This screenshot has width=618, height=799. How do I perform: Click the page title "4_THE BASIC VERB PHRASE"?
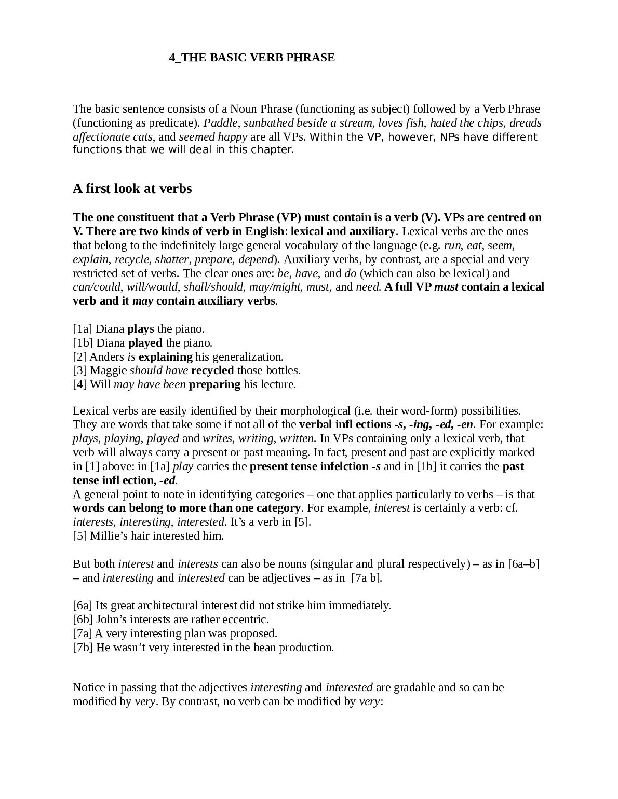pos(252,58)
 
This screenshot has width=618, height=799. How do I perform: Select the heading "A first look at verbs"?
pos(132,188)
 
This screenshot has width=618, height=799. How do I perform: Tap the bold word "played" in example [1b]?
pos(145,343)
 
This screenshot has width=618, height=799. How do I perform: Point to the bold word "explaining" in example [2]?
pos(166,357)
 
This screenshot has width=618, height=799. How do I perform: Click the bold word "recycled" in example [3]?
pos(213,370)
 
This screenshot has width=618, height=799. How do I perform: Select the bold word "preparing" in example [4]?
pos(214,384)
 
